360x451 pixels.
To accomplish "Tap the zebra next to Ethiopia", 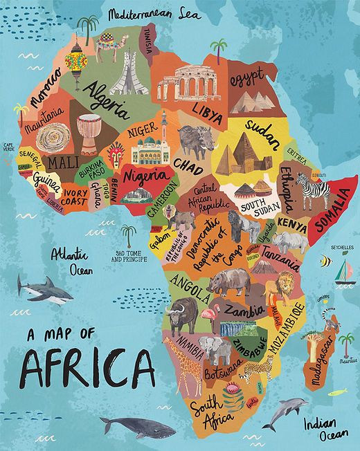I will point(313,190).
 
